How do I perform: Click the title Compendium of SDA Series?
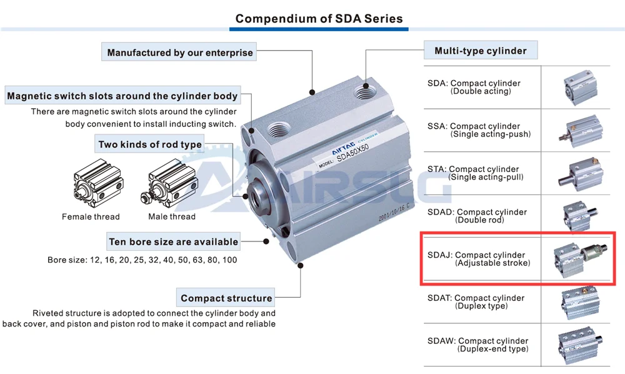pos(319,19)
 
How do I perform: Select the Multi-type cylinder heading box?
pos(480,51)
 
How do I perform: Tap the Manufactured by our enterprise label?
pos(180,53)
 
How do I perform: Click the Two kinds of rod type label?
pos(150,144)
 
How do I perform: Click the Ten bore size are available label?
pos(173,241)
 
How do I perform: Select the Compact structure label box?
pos(226,298)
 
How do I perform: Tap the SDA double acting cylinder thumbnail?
pos(581,86)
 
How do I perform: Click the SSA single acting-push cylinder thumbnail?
pos(581,129)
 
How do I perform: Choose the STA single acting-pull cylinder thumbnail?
pos(581,173)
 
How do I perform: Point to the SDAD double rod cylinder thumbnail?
pos(581,215)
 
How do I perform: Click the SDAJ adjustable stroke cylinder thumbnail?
pos(581,258)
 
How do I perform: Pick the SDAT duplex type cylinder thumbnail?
pos(581,301)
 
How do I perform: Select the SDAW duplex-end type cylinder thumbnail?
pos(581,345)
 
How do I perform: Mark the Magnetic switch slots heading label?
pos(122,96)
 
